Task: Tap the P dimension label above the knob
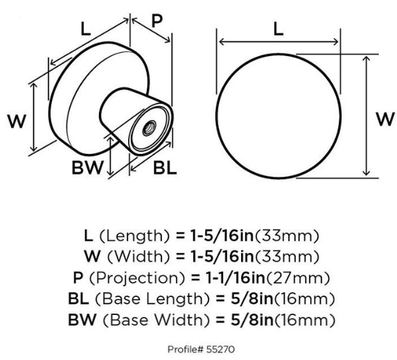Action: pyautogui.click(x=157, y=21)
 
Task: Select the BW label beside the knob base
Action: pyautogui.click(x=88, y=167)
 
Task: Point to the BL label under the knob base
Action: pyautogui.click(x=165, y=167)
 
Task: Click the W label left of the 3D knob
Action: pyautogui.click(x=17, y=121)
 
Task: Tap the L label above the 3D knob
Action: pyautogui.click(x=86, y=28)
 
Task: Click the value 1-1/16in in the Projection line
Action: pyautogui.click(x=235, y=278)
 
